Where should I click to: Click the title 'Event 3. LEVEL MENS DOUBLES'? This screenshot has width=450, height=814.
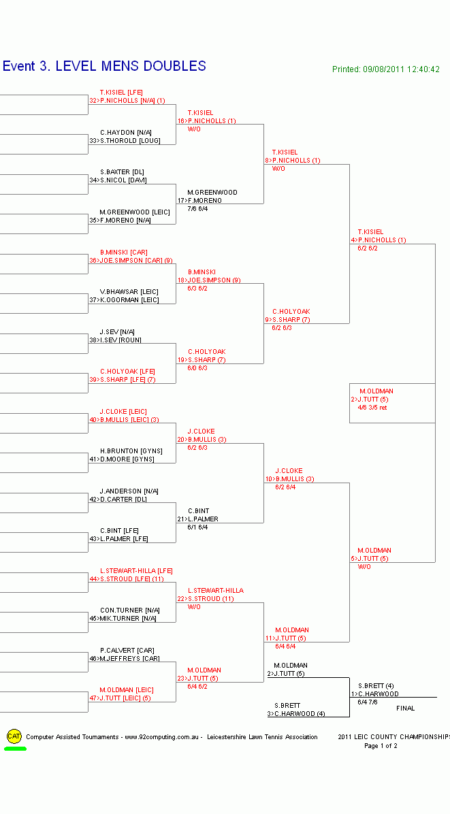104,66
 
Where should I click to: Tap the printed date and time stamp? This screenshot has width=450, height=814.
385,69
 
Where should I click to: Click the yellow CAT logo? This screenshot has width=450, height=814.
14,736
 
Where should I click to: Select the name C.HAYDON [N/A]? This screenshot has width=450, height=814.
126,133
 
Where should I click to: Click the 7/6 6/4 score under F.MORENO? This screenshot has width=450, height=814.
197,209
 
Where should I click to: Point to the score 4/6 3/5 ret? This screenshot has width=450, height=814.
372,408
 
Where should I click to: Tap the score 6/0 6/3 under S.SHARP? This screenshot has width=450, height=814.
197,368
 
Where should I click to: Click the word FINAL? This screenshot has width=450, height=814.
405,709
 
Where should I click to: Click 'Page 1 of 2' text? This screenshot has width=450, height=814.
381,746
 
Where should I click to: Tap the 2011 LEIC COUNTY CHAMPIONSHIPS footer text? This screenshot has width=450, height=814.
393,737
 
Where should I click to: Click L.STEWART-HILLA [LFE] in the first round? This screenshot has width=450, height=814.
136,571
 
